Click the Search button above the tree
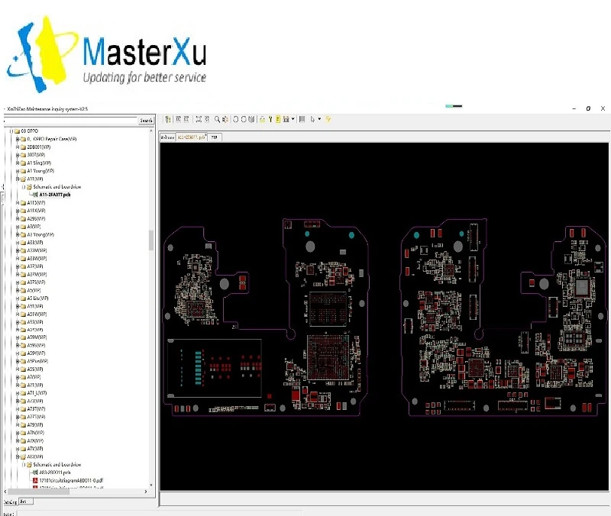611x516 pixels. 145,121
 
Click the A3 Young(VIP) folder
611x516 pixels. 42,234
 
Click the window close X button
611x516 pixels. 603,109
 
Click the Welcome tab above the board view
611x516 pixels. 166,137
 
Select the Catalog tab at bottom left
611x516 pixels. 10,501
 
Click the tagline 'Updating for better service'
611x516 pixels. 144,77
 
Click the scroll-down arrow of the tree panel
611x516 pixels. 151,492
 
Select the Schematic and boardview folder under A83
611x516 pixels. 58,464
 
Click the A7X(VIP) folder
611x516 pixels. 37,440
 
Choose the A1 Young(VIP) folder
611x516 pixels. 41,171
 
